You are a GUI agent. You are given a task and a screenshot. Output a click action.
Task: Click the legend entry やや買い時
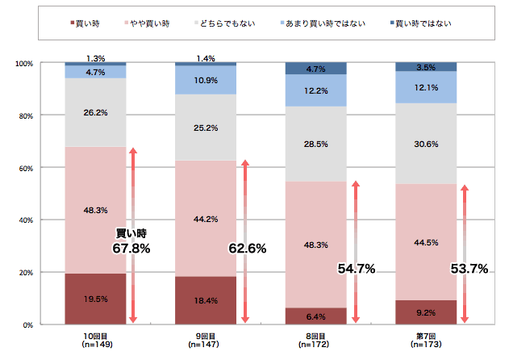coord(148,23)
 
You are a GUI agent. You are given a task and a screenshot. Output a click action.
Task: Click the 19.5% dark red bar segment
coord(95,299)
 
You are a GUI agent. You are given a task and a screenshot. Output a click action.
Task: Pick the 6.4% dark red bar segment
coord(316,316)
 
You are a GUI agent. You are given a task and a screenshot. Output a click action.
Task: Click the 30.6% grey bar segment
coord(427,144)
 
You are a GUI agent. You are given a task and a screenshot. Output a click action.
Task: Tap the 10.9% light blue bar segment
coord(206,81)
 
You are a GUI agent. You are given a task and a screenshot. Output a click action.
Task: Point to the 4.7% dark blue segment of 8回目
coord(316,69)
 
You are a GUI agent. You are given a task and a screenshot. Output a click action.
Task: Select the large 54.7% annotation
coord(355,269)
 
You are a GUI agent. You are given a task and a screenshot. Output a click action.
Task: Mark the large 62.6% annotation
coord(246,249)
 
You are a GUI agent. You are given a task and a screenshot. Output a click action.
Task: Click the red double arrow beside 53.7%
coord(464,254)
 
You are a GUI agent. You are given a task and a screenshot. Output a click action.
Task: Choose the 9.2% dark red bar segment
coord(427,312)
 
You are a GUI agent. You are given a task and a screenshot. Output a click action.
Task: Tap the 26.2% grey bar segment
coord(95,112)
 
